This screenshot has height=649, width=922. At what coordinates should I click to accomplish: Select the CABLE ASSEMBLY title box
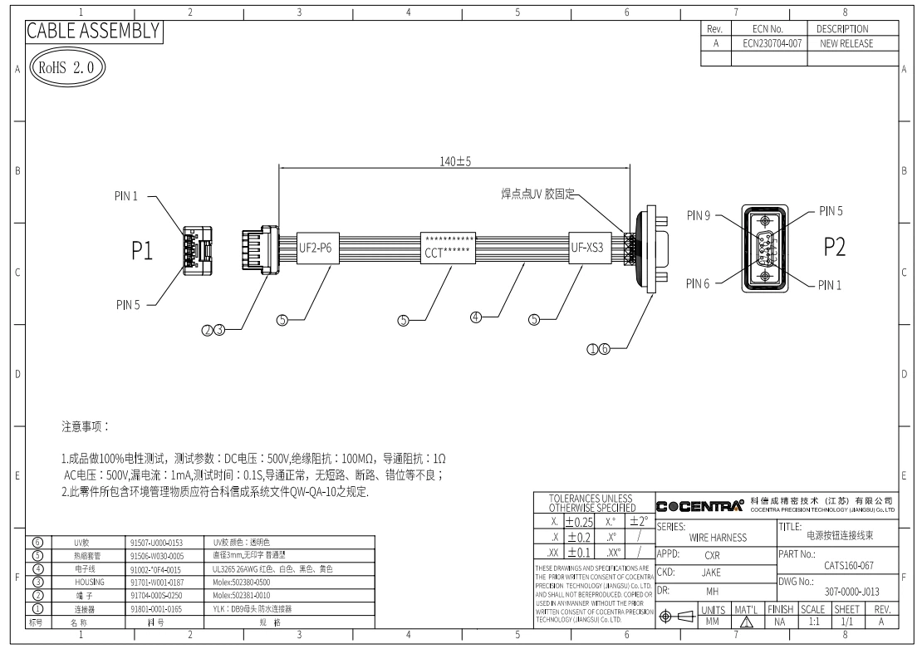coord(92,31)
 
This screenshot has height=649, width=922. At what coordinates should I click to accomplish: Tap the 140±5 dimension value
coord(454,161)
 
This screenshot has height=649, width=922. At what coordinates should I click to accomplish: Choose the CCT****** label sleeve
coord(449,247)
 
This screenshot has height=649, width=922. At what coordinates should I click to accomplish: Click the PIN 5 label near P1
coord(130,304)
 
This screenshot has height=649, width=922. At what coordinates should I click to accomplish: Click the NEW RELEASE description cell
coord(846,44)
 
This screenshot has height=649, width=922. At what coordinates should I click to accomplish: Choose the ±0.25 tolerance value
coord(578,522)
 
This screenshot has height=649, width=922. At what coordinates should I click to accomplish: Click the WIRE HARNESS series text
coord(718,538)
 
